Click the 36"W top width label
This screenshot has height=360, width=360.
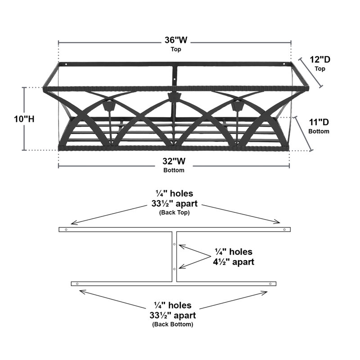click(176, 40)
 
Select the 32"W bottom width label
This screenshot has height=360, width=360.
click(174, 161)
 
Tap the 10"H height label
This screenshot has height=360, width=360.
click(24, 119)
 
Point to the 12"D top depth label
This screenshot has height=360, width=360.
click(320, 59)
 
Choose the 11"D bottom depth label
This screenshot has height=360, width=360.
click(319, 122)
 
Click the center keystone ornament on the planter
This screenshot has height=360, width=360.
click(175, 97)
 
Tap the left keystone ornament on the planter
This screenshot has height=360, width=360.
click(109, 106)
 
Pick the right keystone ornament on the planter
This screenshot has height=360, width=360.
click(238, 106)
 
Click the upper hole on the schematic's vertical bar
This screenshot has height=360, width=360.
click(174, 244)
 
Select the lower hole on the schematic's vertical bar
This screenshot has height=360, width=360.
click(174, 269)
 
